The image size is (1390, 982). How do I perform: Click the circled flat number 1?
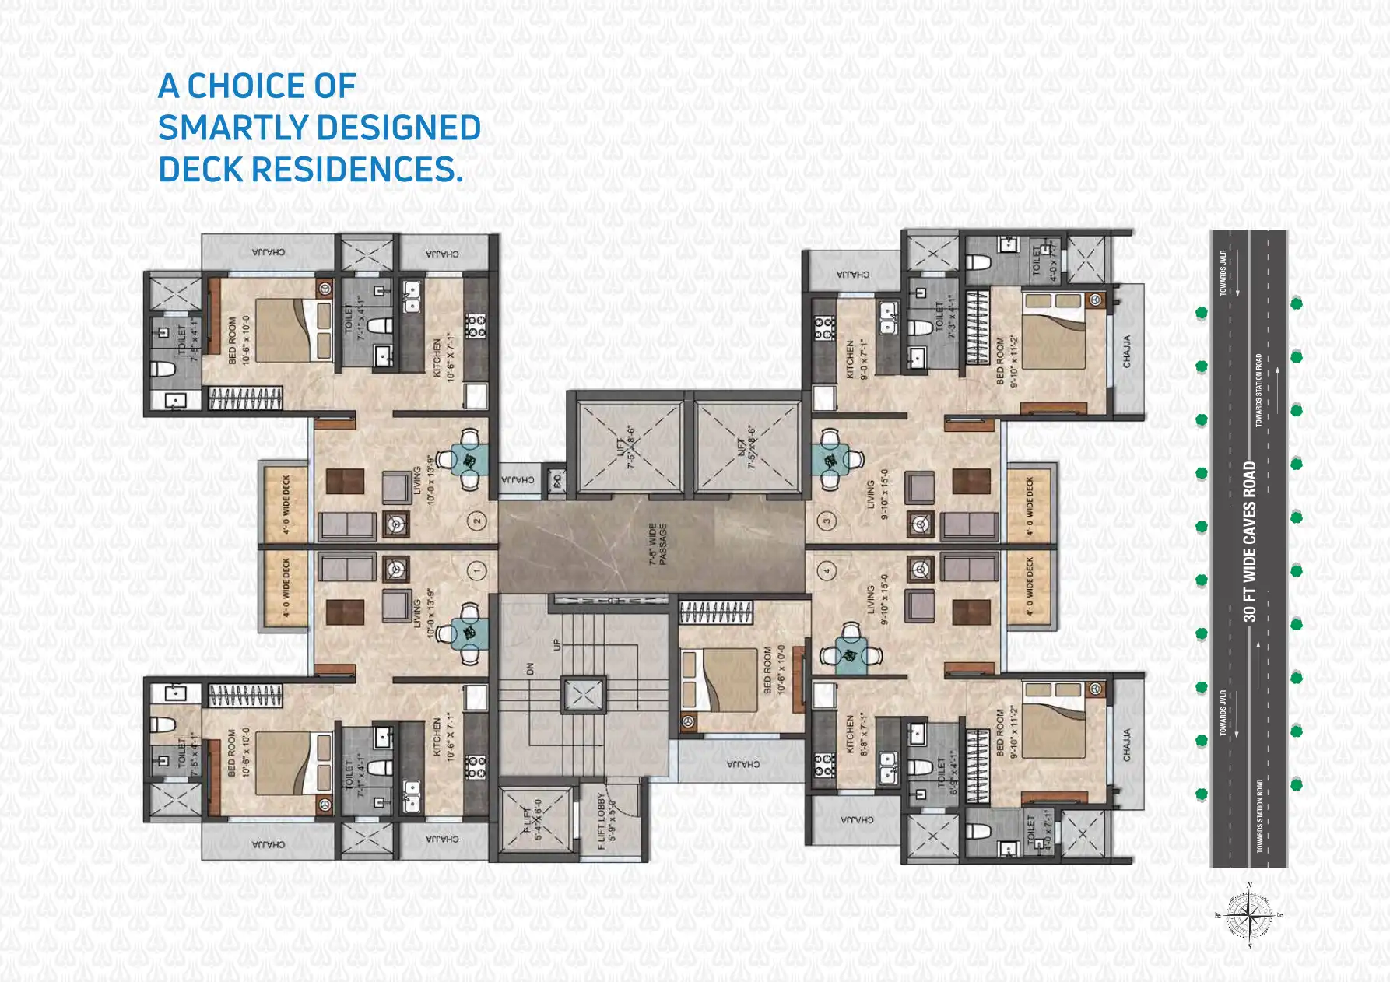(x=476, y=570)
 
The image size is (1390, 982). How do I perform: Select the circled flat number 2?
(x=476, y=521)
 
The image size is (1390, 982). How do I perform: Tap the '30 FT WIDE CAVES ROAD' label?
(x=1250, y=542)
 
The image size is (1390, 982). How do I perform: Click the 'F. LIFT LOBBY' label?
(x=605, y=821)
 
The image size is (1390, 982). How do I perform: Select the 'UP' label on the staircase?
(x=556, y=645)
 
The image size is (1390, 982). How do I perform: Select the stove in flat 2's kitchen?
(x=475, y=325)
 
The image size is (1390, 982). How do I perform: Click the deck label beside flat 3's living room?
(x=1030, y=506)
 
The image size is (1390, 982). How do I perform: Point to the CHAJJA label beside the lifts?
(x=518, y=479)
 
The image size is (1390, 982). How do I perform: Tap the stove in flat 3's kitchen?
(x=824, y=329)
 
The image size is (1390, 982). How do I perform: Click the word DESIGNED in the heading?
(x=398, y=128)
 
